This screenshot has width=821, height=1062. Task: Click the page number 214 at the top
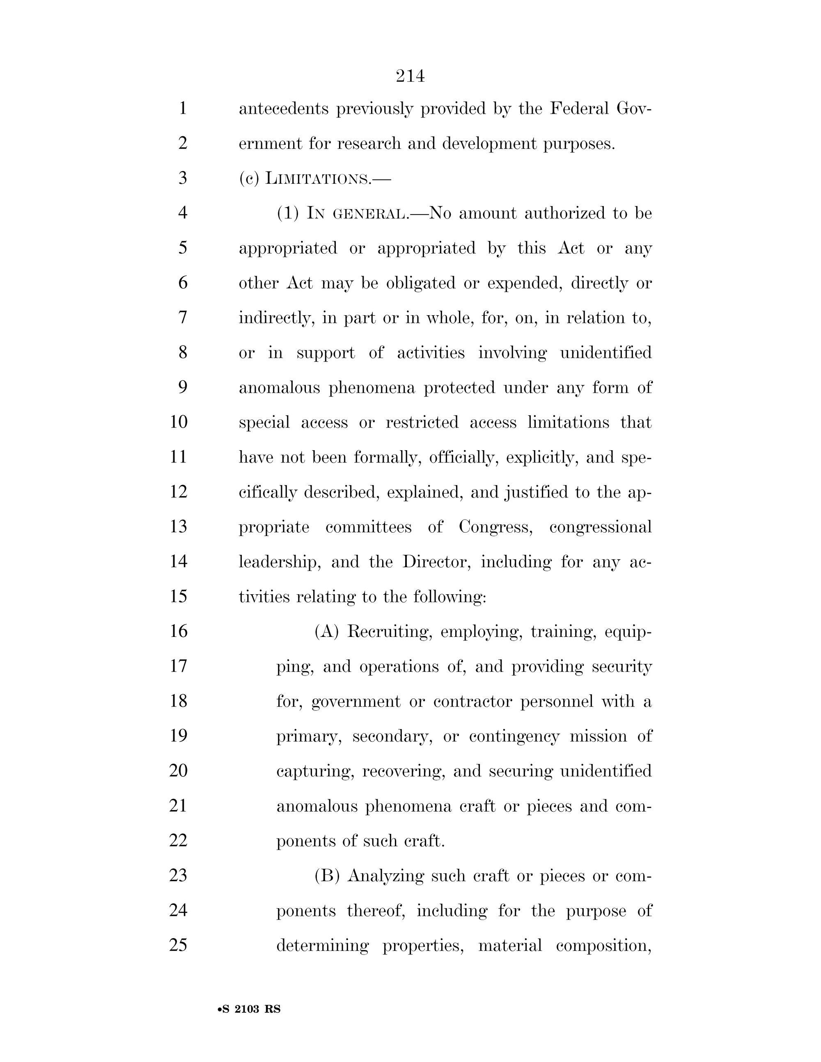click(x=410, y=76)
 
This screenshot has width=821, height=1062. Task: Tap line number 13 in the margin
click(x=179, y=526)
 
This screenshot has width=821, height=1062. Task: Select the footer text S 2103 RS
click(x=250, y=1009)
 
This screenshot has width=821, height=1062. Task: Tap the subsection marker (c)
click(x=249, y=179)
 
